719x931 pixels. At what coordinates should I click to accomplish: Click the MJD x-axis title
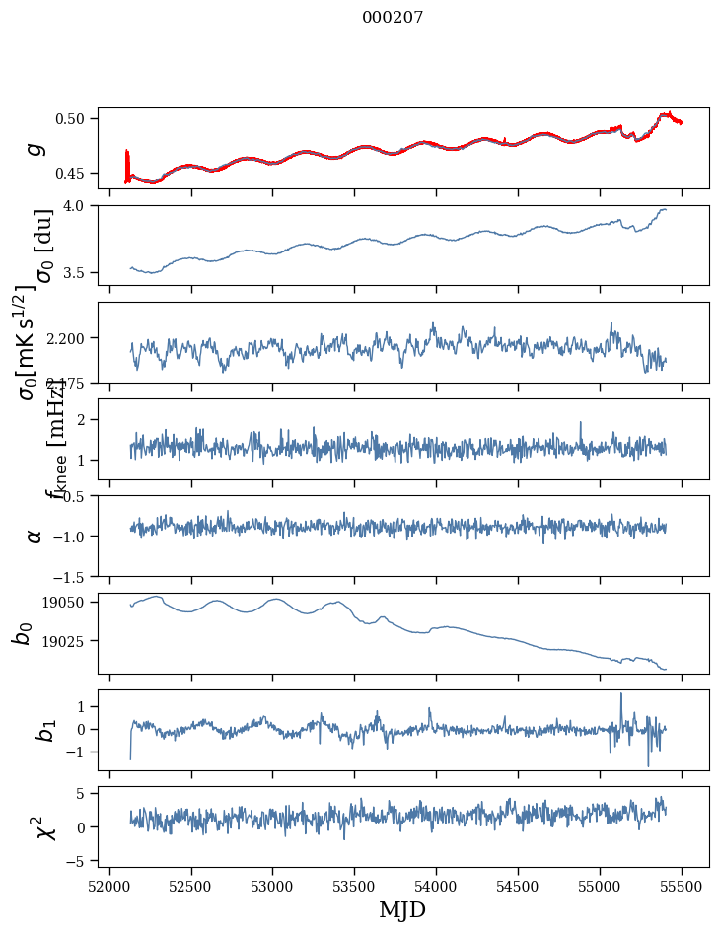pos(402,909)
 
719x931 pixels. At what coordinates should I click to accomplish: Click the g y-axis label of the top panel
pos(36,148)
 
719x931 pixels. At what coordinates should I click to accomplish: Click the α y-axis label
pos(36,536)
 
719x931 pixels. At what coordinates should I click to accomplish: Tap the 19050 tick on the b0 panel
pos(69,602)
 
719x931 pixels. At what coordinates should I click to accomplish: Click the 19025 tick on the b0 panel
pos(69,641)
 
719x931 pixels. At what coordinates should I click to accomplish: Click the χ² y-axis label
pos(36,826)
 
